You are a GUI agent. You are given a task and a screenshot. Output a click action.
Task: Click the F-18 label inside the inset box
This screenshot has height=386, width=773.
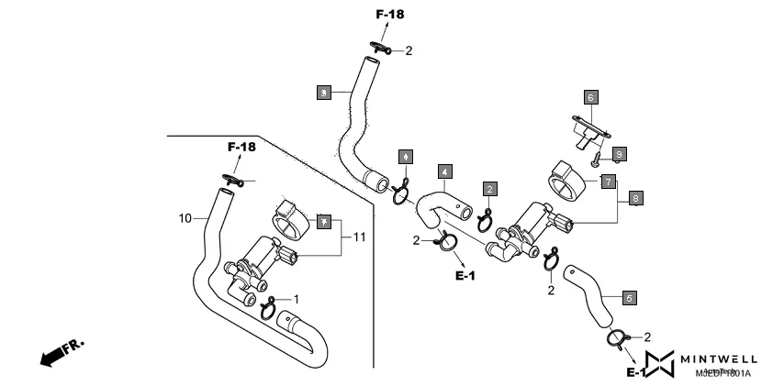pyautogui.click(x=242, y=147)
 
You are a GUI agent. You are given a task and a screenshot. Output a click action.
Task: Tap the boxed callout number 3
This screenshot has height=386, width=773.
pyautogui.click(x=323, y=93)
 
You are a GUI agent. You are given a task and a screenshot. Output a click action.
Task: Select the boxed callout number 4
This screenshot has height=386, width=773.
pyautogui.click(x=443, y=171)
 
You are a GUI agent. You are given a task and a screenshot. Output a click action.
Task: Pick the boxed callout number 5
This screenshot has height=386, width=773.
pyautogui.click(x=629, y=298)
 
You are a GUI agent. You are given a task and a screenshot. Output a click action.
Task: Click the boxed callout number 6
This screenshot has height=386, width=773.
pyautogui.click(x=591, y=96)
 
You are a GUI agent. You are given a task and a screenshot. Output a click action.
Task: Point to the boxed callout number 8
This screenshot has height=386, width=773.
pyautogui.click(x=635, y=196)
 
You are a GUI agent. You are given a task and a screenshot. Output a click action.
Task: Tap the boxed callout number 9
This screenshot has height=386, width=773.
pyautogui.click(x=620, y=154)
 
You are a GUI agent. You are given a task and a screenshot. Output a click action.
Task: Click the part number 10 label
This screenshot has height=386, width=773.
pyautogui.click(x=185, y=218)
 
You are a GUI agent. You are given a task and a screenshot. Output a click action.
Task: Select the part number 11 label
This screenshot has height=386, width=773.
pyautogui.click(x=358, y=237)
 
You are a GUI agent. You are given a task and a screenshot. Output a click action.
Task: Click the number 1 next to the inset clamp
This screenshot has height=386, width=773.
pyautogui.click(x=296, y=299)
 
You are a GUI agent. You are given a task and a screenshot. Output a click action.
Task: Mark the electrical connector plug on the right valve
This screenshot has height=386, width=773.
pyautogui.click(x=563, y=221)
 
